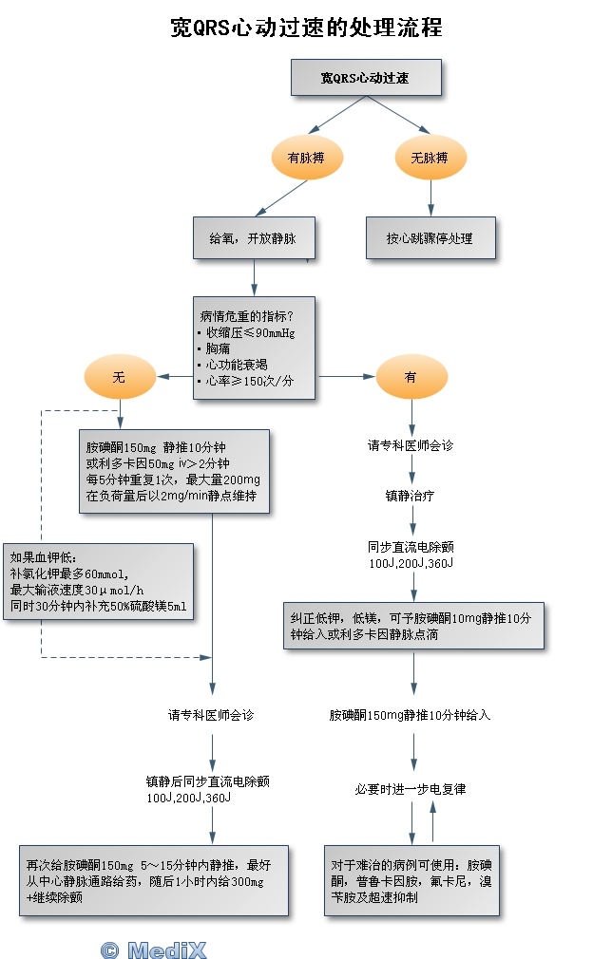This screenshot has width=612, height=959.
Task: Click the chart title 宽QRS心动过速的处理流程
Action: point(306,28)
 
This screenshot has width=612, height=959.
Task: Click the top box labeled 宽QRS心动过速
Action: point(366,78)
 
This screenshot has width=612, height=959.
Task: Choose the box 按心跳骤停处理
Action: point(430,238)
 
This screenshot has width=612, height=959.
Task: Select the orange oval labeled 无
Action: point(119,377)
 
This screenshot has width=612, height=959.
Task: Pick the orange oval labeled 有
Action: point(411,377)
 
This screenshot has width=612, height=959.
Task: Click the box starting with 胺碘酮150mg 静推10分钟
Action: point(173,471)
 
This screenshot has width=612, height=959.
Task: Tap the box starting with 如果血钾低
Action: point(99,582)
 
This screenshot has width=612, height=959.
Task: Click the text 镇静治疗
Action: point(411,495)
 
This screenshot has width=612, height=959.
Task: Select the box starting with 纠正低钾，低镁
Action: point(413,626)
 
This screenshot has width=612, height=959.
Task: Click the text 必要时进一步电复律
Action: point(411,789)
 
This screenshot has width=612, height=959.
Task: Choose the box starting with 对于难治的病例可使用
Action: point(411,881)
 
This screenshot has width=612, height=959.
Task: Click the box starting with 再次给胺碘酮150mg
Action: point(154,880)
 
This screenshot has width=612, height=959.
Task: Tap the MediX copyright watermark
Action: point(153,950)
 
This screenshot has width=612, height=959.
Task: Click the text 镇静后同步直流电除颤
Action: point(207,781)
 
